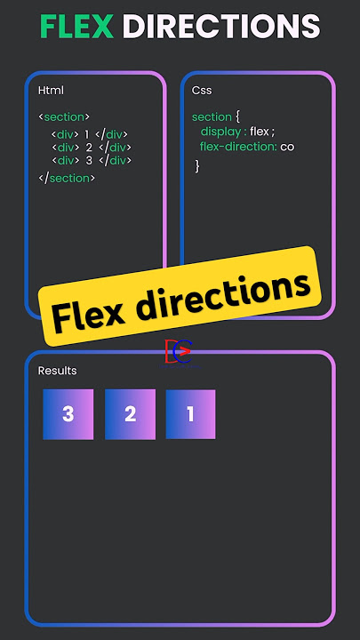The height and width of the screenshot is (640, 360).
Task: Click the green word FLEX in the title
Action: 77,27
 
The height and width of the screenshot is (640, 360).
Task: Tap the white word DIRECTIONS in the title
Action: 221,27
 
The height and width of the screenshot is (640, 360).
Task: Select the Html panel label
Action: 51,90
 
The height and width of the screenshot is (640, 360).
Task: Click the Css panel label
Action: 202,90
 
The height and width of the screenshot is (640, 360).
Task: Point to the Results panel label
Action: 57,371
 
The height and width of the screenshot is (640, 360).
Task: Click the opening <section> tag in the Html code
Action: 64,116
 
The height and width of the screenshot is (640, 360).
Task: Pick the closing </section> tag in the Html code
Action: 67,179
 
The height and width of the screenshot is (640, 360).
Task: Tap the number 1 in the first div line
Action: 86,134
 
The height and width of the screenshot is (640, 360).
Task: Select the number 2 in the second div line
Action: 89,148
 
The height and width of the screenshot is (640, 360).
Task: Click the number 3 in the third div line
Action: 89,160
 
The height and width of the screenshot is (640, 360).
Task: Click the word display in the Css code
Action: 220,132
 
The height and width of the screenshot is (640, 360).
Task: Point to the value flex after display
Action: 260,132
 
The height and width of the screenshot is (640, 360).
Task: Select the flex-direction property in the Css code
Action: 239,147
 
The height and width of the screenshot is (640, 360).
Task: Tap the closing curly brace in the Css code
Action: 197,165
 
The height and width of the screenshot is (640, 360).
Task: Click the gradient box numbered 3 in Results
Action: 68,414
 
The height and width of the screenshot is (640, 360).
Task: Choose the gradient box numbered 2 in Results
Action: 130,414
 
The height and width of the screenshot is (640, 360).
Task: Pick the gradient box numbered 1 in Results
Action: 190,414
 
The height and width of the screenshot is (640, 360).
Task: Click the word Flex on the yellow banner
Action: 89,315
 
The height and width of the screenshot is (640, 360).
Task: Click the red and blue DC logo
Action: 179,351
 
